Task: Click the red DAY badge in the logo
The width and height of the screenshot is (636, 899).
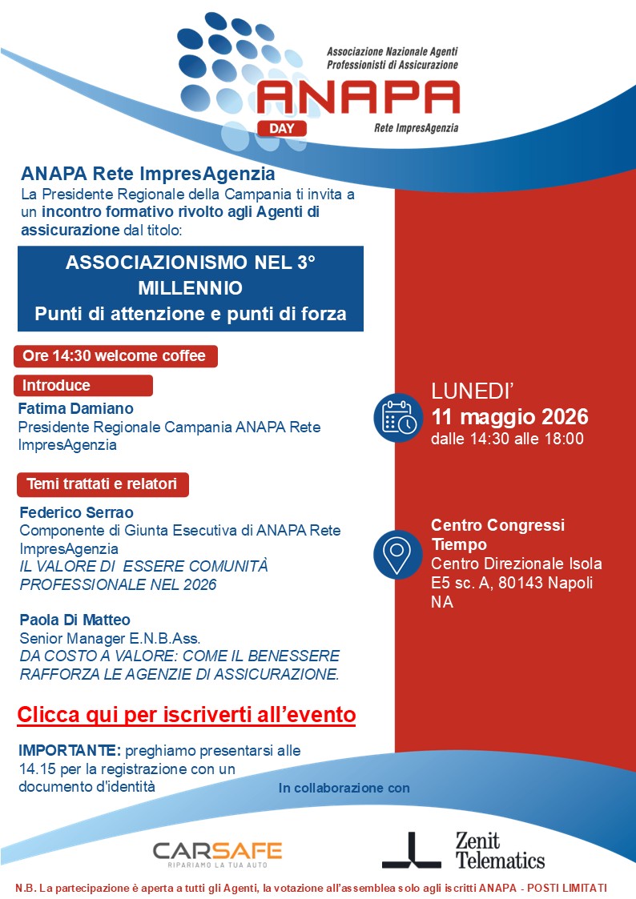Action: pyautogui.click(x=282, y=126)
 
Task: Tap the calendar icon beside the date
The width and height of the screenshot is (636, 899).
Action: pyautogui.click(x=397, y=416)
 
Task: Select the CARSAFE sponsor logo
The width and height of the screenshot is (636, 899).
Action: pyautogui.click(x=217, y=852)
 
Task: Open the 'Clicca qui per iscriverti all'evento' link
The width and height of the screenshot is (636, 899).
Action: pyautogui.click(x=187, y=713)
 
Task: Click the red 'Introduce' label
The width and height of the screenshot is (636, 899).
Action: pyautogui.click(x=83, y=385)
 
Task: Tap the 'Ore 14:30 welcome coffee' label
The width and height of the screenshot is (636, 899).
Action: pyautogui.click(x=115, y=356)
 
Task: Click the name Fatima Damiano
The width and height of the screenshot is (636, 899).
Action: pyautogui.click(x=75, y=408)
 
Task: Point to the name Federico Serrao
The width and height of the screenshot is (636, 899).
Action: pyautogui.click(x=76, y=512)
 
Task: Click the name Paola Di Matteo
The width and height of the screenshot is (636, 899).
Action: pyautogui.click(x=74, y=619)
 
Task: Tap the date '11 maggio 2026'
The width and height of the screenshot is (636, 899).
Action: pyautogui.click(x=509, y=417)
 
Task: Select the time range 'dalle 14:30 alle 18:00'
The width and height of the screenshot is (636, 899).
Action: pyautogui.click(x=507, y=439)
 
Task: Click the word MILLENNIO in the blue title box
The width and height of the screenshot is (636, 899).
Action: pyautogui.click(x=190, y=287)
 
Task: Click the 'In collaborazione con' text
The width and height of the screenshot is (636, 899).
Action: pyautogui.click(x=344, y=789)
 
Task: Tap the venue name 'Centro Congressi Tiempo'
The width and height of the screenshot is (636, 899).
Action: pyautogui.click(x=497, y=534)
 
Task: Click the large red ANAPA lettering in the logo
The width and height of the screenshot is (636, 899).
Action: pyautogui.click(x=357, y=97)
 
